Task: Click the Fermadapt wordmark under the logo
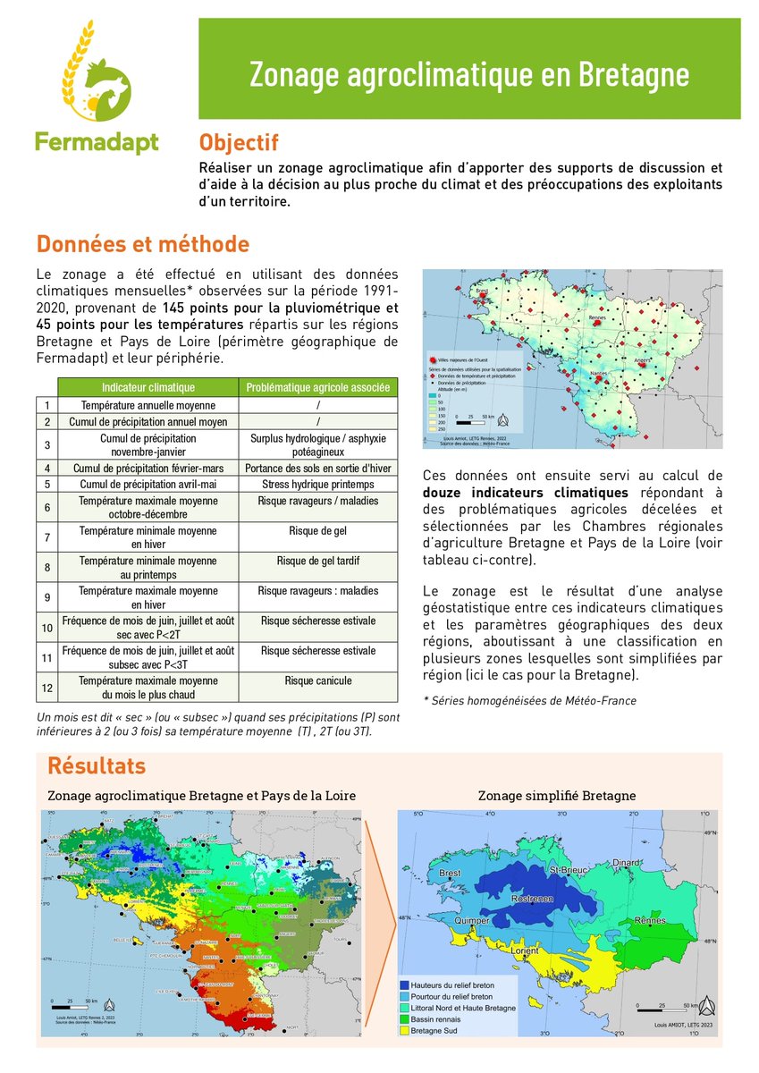click(x=97, y=141)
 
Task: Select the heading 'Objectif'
click(x=239, y=143)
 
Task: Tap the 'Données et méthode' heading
click(x=142, y=244)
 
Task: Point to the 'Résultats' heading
click(x=95, y=766)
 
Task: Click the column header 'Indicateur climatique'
click(x=148, y=387)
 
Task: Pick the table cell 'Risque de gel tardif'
click(x=318, y=562)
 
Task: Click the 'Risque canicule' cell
click(x=318, y=681)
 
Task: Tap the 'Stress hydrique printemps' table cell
click(x=318, y=484)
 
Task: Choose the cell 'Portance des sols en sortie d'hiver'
click(x=318, y=468)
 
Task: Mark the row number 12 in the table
click(x=47, y=687)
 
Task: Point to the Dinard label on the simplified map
click(x=628, y=863)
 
